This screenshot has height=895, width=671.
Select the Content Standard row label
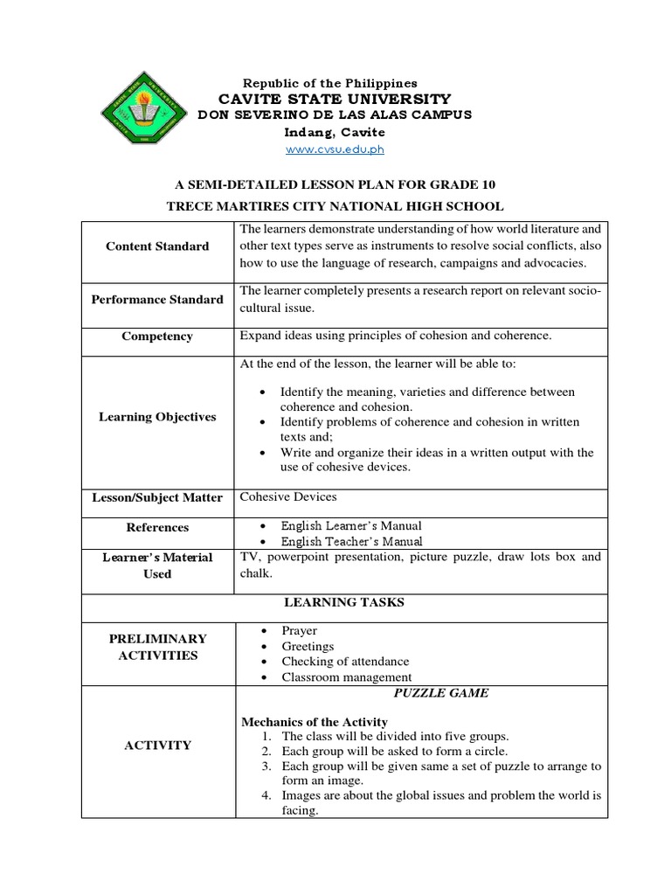pos(157,246)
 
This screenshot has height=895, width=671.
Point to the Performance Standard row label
pos(157,300)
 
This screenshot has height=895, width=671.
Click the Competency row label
pos(157,336)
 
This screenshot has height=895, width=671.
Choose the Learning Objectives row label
pos(157,417)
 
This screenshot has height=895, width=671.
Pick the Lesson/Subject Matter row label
pos(157,497)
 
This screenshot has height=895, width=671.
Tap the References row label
pos(157,527)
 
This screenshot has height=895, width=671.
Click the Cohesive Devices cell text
pos(287,496)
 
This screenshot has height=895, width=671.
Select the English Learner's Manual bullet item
pos(350,525)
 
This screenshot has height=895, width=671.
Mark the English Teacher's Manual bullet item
pos(349,542)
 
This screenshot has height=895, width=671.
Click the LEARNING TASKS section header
pos(343,602)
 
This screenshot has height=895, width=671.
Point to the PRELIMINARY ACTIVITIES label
pos(157,647)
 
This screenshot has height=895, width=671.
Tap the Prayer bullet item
pos(299,630)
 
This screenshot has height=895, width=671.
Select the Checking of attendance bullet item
pos(344,662)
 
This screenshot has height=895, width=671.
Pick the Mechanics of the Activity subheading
pos(314,721)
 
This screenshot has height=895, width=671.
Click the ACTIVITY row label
pos(157,746)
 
